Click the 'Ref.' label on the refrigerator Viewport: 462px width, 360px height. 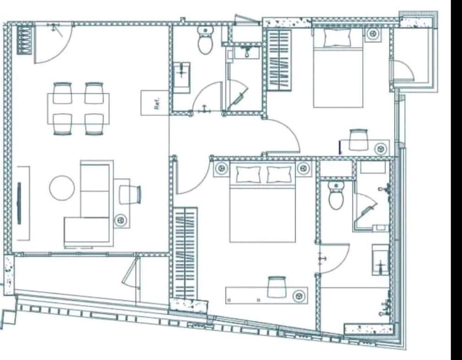(x=157, y=103)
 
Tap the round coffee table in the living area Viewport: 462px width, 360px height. (x=62, y=188)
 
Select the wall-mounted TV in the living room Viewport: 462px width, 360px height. (x=20, y=203)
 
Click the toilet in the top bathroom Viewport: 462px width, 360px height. (x=205, y=40)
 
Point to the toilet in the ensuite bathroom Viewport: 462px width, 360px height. (x=336, y=196)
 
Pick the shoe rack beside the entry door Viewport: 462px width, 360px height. (x=25, y=40)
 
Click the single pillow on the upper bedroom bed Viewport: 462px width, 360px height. (x=337, y=38)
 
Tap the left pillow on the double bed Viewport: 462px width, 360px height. (x=248, y=174)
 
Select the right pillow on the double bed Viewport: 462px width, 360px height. (x=279, y=174)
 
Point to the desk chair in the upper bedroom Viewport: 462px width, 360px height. (x=359, y=140)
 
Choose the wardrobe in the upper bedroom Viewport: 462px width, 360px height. (x=279, y=60)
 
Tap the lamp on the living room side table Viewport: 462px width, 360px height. (x=121, y=220)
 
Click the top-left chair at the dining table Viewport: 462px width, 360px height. (x=62, y=93)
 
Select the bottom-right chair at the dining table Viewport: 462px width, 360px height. (x=94, y=124)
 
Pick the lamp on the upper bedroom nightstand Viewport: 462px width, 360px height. (x=373, y=33)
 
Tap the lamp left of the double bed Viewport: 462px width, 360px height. (x=221, y=168)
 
